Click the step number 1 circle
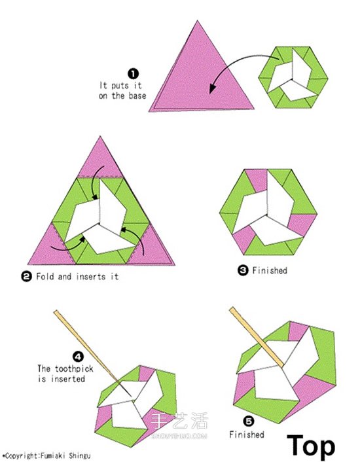133,74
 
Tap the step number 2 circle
26,277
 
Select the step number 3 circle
243,270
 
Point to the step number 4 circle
78,357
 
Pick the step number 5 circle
248,421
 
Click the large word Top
312,446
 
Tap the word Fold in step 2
45,276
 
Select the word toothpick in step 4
74,369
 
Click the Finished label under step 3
270,270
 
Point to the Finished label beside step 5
247,435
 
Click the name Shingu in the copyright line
80,455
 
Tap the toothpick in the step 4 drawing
93,353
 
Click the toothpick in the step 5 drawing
257,337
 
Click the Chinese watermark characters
179,421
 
